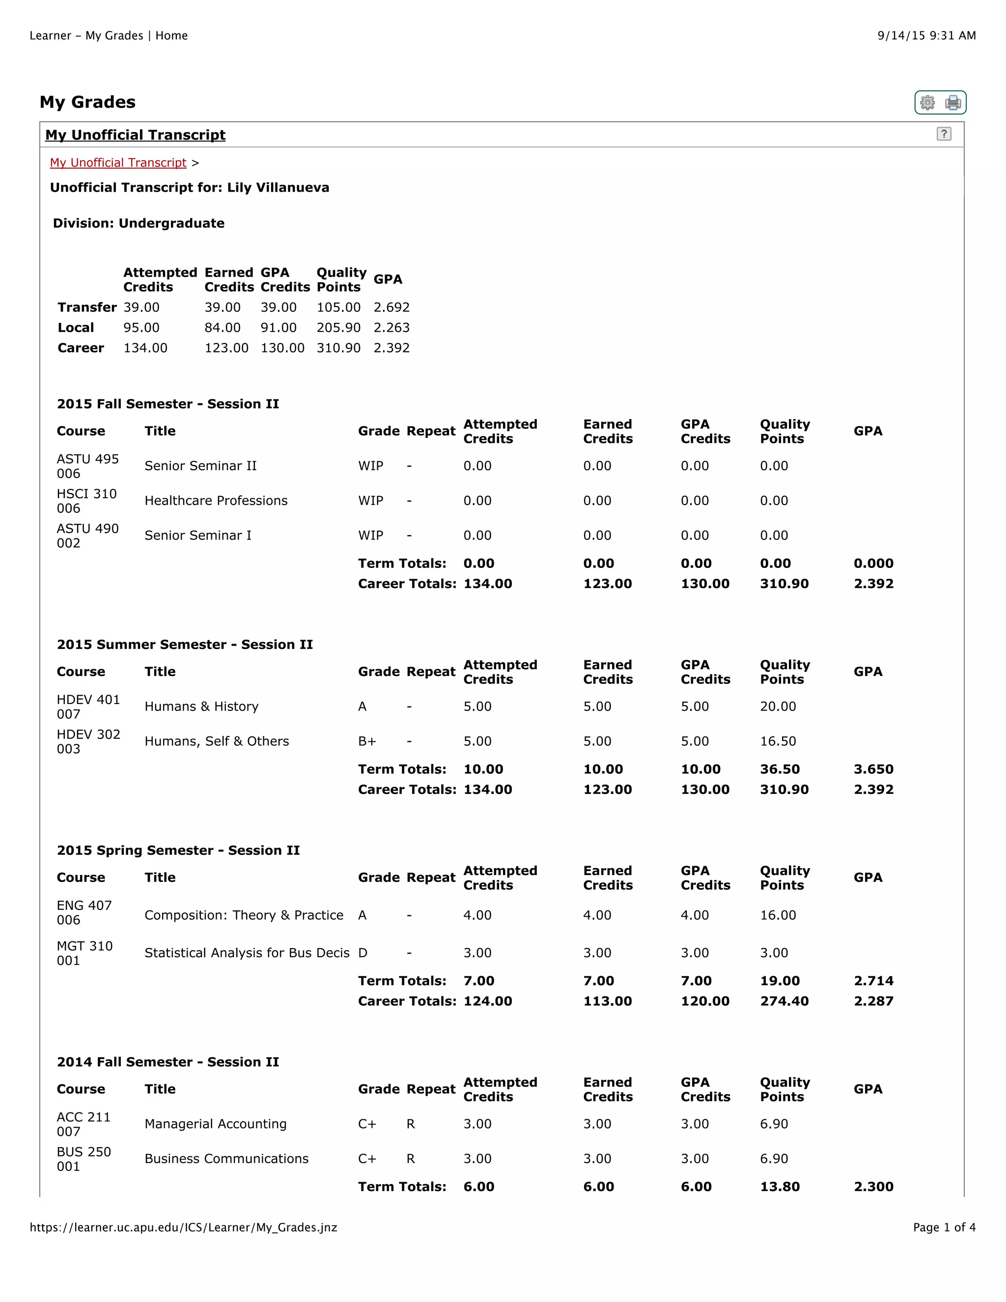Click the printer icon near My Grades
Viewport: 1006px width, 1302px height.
pos(953,103)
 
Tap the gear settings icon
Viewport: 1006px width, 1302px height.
pos(927,103)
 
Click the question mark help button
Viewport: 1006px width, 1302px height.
pos(944,134)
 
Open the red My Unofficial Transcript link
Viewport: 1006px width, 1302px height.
pos(118,163)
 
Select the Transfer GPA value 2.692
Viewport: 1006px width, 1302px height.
pos(391,307)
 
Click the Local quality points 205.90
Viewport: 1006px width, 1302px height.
pos(338,327)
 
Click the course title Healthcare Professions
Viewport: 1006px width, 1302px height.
pos(216,501)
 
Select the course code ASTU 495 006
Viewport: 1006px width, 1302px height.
pos(87,466)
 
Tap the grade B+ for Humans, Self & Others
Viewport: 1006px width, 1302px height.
pos(366,741)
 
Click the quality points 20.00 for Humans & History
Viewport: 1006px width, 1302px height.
pos(778,707)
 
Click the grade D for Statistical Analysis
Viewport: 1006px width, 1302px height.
pos(363,953)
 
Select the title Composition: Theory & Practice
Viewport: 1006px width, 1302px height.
pos(244,915)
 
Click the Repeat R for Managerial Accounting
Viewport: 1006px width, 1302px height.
pos(410,1124)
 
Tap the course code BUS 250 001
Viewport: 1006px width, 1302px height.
pos(84,1159)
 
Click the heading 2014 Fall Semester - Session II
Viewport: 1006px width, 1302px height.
pos(168,1062)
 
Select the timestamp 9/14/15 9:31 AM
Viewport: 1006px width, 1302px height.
pos(926,35)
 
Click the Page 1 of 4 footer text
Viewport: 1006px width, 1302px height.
pos(944,1227)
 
